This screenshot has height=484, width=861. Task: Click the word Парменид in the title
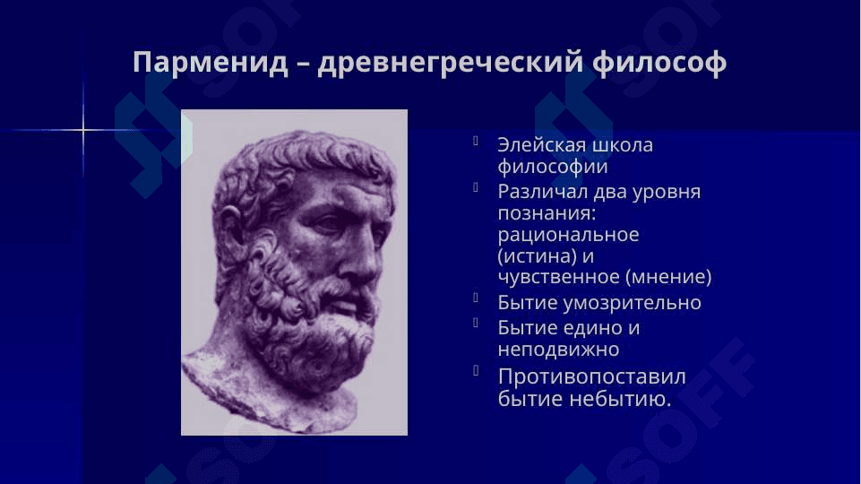pyautogui.click(x=211, y=62)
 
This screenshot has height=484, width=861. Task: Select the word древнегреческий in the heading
pyautogui.click(x=451, y=63)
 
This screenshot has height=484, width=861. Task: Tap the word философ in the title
pyautogui.click(x=659, y=62)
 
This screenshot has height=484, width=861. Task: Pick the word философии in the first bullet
pyautogui.click(x=553, y=167)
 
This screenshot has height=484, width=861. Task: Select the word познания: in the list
pyautogui.click(x=547, y=213)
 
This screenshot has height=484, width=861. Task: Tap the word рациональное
pyautogui.click(x=568, y=235)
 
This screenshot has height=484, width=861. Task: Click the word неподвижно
pyautogui.click(x=558, y=350)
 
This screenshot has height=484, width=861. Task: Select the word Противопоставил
pyautogui.click(x=592, y=377)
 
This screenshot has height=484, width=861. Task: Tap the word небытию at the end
pyautogui.click(x=619, y=399)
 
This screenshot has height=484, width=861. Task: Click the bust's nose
pyautogui.click(x=364, y=258)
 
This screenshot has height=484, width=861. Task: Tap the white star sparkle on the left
pyautogui.click(x=83, y=130)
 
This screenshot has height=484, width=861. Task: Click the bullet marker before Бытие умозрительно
pyautogui.click(x=476, y=298)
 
